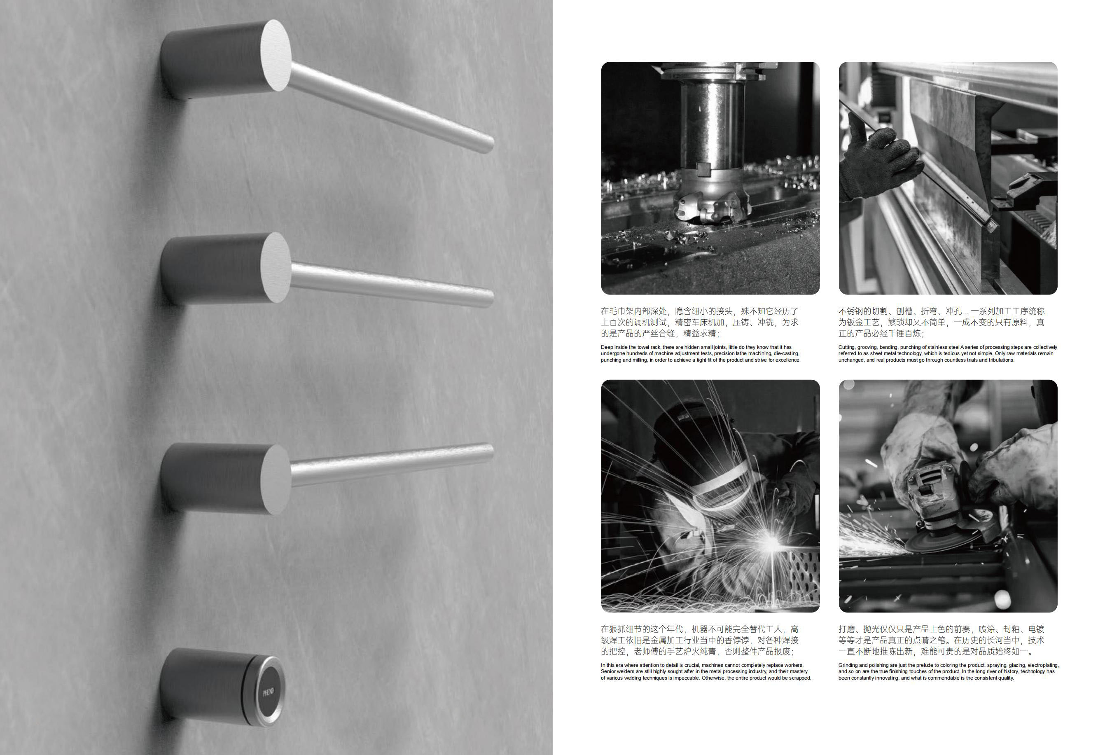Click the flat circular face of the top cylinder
click(275, 56)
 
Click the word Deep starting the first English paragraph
click(607, 348)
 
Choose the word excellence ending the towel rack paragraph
click(788, 360)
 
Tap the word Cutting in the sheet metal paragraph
click(847, 348)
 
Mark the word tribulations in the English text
click(1000, 360)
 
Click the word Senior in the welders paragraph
click(608, 672)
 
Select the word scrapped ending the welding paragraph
click(800, 678)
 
